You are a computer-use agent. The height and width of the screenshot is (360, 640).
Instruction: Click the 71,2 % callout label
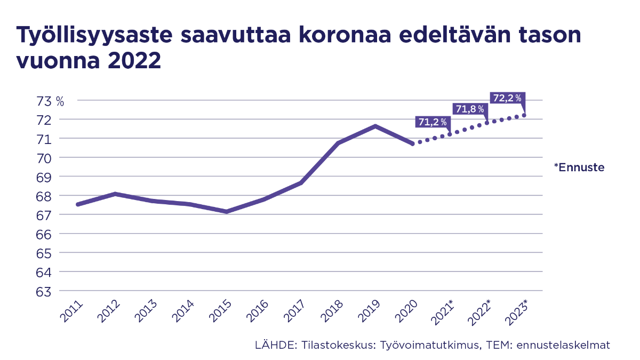click(432, 122)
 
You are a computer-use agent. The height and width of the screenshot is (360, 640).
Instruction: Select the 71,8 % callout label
click(469, 109)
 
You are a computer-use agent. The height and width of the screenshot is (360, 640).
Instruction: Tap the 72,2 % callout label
click(507, 98)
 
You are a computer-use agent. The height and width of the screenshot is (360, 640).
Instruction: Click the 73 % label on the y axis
click(51, 100)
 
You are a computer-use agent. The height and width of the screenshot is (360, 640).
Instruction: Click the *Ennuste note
click(579, 167)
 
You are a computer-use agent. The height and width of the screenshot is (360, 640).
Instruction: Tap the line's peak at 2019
click(375, 126)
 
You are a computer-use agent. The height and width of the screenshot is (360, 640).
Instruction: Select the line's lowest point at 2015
click(227, 212)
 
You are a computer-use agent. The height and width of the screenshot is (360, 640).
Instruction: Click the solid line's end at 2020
click(412, 143)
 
